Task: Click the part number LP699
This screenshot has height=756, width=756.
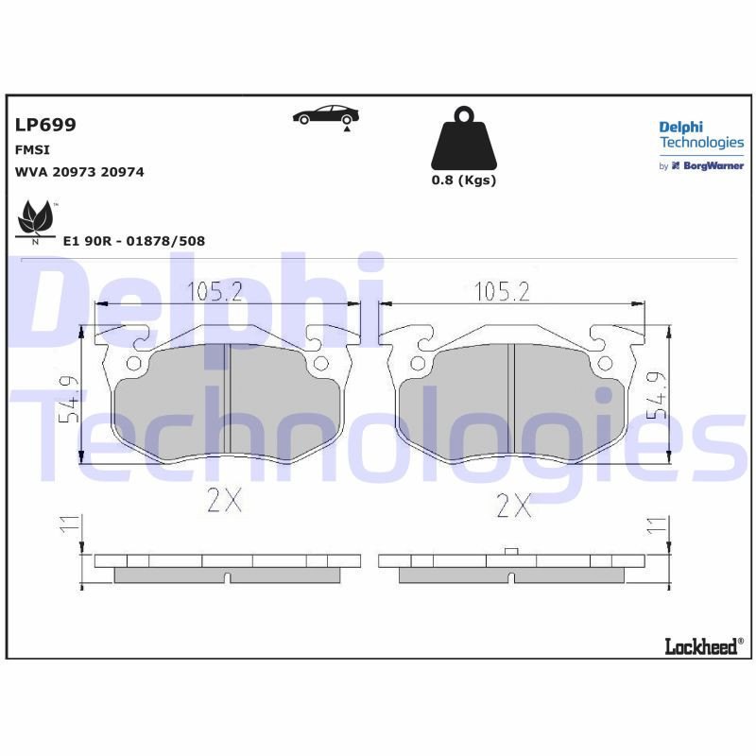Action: click(x=45, y=125)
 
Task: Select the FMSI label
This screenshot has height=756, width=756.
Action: click(x=32, y=149)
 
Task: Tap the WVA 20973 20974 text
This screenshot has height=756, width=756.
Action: click(x=79, y=172)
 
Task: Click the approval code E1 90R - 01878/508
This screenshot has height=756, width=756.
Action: click(x=133, y=241)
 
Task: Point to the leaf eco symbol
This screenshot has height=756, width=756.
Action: click(x=36, y=221)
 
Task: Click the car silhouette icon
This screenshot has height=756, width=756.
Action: click(x=326, y=115)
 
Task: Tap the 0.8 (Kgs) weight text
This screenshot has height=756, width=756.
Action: click(x=463, y=180)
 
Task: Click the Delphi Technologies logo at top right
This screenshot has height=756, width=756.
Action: click(x=700, y=135)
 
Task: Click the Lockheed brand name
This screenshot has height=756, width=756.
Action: click(x=703, y=646)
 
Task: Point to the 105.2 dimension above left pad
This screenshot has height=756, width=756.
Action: click(x=215, y=291)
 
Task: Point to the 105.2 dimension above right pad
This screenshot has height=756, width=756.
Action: click(x=500, y=291)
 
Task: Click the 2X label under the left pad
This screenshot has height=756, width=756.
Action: click(x=224, y=501)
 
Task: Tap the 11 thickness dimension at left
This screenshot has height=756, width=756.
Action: click(x=69, y=526)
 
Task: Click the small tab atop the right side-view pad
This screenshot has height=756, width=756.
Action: click(x=510, y=551)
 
